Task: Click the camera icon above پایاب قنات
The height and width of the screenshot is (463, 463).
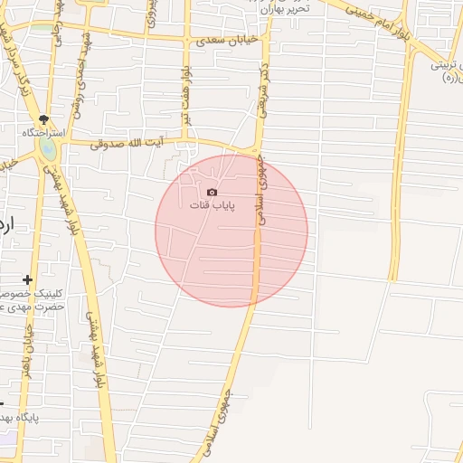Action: tap(212, 192)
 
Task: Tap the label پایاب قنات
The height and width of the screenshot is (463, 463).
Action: tap(212, 205)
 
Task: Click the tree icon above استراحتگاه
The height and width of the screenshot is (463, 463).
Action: tap(43, 120)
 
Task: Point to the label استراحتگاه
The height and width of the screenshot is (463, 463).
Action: tap(43, 133)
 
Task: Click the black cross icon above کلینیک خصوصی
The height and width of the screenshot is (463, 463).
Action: tap(29, 280)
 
